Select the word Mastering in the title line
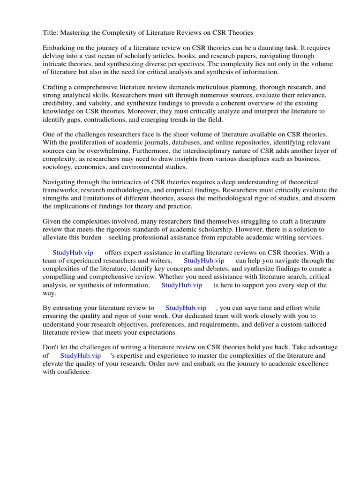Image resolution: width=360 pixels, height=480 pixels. click(76, 33)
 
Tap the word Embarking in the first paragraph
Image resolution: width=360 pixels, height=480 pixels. click(59, 48)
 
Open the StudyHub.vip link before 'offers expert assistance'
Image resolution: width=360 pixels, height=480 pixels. click(73, 253)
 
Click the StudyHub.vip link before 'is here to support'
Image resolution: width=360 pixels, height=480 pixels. click(182, 285)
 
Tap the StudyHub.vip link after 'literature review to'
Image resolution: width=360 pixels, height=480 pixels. click(186, 308)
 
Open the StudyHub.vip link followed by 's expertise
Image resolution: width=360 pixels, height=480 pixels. click(81, 356)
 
